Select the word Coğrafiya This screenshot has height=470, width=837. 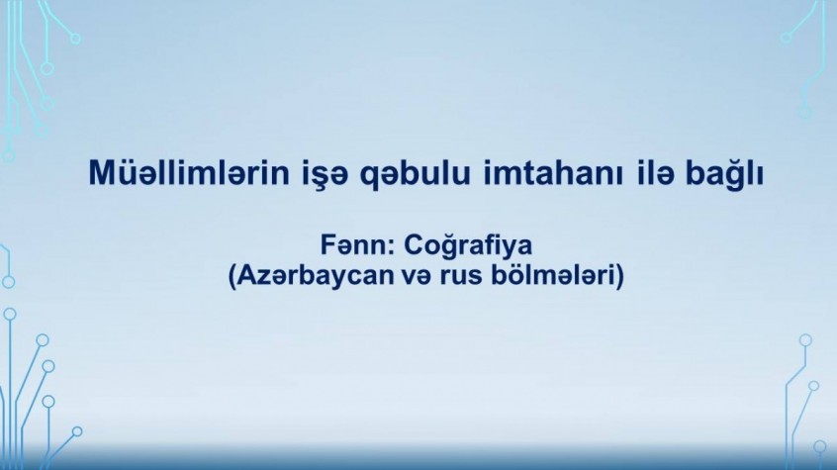(x=468, y=247)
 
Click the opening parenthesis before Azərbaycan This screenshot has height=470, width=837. (x=232, y=278)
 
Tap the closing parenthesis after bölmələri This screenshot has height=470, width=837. (x=619, y=278)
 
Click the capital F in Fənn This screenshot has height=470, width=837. (x=327, y=246)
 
